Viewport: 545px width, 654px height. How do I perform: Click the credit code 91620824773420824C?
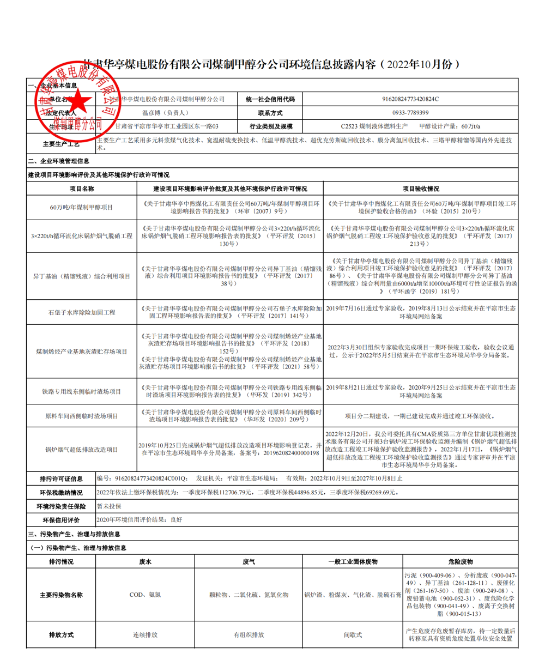coord(411,99)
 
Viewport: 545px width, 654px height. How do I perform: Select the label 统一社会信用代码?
coord(270,99)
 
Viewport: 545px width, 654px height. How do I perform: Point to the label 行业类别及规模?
coord(270,126)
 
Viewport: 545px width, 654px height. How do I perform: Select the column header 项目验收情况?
coord(421,189)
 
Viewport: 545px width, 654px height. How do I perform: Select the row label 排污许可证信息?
coord(61,479)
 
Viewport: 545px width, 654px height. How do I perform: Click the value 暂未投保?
coord(108,506)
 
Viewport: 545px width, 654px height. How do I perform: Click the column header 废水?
coord(145,561)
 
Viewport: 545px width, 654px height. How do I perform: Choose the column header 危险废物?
coord(461,561)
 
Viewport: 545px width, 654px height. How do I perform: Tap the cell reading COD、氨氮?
coord(145,595)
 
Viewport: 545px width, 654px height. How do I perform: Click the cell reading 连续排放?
coord(145,635)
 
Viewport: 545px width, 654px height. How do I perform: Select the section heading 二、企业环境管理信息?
coord(59,161)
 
